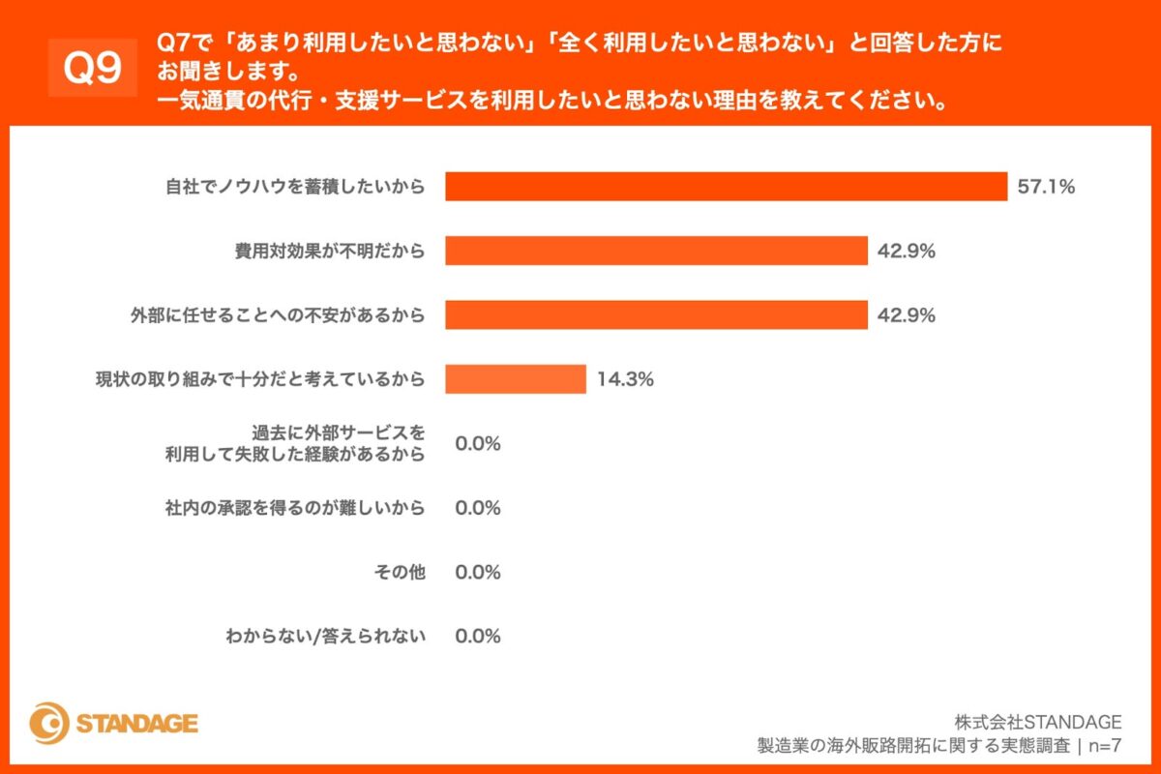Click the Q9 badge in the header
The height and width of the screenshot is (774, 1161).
coord(92,68)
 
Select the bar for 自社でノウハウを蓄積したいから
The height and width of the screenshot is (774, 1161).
coord(726,187)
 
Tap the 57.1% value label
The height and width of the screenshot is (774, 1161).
coord(1046,187)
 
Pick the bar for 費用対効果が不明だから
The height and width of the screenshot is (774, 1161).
coord(656,252)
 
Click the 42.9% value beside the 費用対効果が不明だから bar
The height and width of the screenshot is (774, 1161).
coord(906,252)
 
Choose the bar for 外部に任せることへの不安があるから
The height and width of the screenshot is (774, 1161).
coord(656,315)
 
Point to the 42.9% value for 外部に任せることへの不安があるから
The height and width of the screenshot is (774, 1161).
coord(906,315)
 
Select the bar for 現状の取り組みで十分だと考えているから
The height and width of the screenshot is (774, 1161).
coord(516,379)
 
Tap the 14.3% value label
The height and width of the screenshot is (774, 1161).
coord(625,379)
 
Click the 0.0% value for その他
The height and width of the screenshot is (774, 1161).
coord(478,572)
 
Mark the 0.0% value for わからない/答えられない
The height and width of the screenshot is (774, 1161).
coord(478,636)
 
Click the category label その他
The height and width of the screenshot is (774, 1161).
coord(399,572)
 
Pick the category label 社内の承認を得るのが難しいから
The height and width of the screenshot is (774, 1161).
coord(295,508)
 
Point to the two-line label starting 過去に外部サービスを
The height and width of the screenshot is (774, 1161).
coord(295,443)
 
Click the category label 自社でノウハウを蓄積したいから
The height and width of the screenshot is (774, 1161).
coord(295,187)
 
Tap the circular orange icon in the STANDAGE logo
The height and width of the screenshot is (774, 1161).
coord(49,723)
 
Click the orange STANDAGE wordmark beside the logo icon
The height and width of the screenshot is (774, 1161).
coord(136,724)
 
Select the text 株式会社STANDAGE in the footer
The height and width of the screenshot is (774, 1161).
coord(1037,722)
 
